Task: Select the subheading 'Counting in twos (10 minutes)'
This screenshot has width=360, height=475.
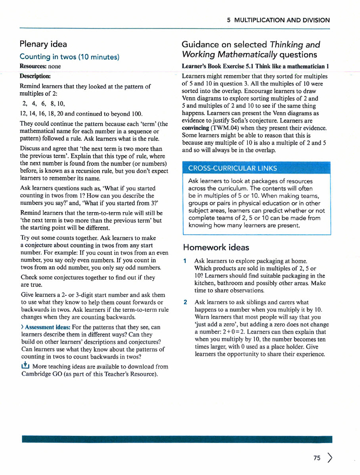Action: coord(69,57)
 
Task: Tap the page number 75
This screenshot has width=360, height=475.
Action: coord(316,458)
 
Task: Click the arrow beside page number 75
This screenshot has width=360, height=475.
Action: coord(329,458)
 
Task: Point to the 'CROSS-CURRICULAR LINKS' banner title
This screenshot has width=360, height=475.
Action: coord(232,168)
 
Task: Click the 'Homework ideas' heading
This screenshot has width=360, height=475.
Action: coord(216,248)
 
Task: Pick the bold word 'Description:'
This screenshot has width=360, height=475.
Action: coord(35,76)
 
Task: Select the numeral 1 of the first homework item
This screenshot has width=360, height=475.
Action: coord(185,261)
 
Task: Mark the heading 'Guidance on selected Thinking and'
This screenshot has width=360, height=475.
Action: coord(250,44)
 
